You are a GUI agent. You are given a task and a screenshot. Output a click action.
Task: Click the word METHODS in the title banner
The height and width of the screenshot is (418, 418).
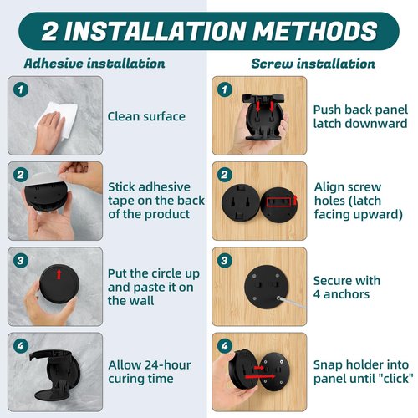[x=315, y=31]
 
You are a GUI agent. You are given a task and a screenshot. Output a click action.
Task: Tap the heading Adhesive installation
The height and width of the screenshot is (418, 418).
[x=94, y=64]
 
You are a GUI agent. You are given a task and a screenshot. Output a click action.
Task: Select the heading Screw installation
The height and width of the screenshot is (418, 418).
[x=313, y=64]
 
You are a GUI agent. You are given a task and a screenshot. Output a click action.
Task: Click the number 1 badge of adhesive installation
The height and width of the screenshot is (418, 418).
[x=21, y=89]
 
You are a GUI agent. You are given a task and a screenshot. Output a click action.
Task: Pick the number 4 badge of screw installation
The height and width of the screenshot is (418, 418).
[x=225, y=346]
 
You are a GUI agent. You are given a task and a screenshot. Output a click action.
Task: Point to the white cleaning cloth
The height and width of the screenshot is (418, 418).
[x=57, y=119]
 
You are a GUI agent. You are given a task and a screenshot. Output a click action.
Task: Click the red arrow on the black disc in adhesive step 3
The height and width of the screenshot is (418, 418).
[x=59, y=274]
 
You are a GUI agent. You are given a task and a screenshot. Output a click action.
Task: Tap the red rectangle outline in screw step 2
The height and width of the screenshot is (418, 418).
[x=278, y=201]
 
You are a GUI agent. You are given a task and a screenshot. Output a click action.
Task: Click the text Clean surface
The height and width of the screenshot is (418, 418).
[x=146, y=116]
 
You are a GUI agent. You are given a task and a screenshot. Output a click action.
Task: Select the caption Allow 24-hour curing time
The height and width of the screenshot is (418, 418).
[x=150, y=371]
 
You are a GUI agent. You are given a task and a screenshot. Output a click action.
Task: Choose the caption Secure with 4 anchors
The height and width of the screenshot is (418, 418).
[x=347, y=288]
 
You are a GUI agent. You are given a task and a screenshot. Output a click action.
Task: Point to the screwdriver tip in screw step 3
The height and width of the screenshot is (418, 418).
[x=278, y=298]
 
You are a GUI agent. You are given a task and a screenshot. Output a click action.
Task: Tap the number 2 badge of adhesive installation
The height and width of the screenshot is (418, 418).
[x=21, y=175]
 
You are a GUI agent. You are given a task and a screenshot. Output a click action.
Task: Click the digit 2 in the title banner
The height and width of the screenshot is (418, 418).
[x=50, y=31]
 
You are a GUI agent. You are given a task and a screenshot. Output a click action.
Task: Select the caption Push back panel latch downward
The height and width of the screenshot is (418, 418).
[x=360, y=116]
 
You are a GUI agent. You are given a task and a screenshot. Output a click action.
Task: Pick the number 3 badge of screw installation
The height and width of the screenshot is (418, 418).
[x=225, y=261]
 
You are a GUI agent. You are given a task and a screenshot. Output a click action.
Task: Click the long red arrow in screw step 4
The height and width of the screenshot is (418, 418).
[x=260, y=376]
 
